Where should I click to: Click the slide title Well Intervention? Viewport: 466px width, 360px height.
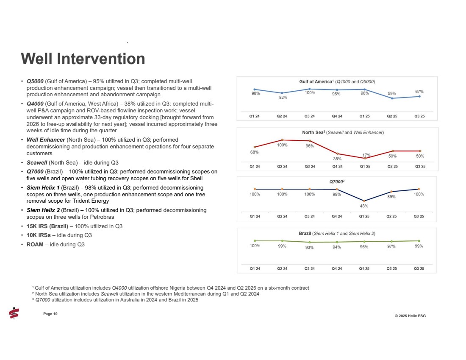(83, 59)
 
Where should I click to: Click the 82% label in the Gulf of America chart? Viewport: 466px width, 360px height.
(283, 98)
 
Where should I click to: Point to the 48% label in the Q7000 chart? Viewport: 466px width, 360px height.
(364, 206)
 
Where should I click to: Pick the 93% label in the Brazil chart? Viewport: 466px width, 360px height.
(309, 248)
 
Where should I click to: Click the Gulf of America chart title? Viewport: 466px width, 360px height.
(337, 81)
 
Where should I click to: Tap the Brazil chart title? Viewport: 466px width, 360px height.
(337, 233)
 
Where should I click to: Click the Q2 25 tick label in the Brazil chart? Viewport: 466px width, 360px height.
(391, 268)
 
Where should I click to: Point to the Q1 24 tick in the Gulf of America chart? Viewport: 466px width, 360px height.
(255, 116)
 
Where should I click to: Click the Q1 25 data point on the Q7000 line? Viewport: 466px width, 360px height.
(364, 201)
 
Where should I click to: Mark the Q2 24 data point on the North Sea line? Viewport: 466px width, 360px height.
(282, 140)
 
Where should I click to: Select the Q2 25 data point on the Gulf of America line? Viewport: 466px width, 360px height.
(392, 98)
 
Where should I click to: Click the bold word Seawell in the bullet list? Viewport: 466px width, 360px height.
(36, 162)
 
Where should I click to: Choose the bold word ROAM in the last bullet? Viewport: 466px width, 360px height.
(35, 244)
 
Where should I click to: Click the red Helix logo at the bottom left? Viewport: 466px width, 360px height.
(14, 313)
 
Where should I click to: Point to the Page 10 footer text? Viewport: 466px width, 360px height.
(50, 313)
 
